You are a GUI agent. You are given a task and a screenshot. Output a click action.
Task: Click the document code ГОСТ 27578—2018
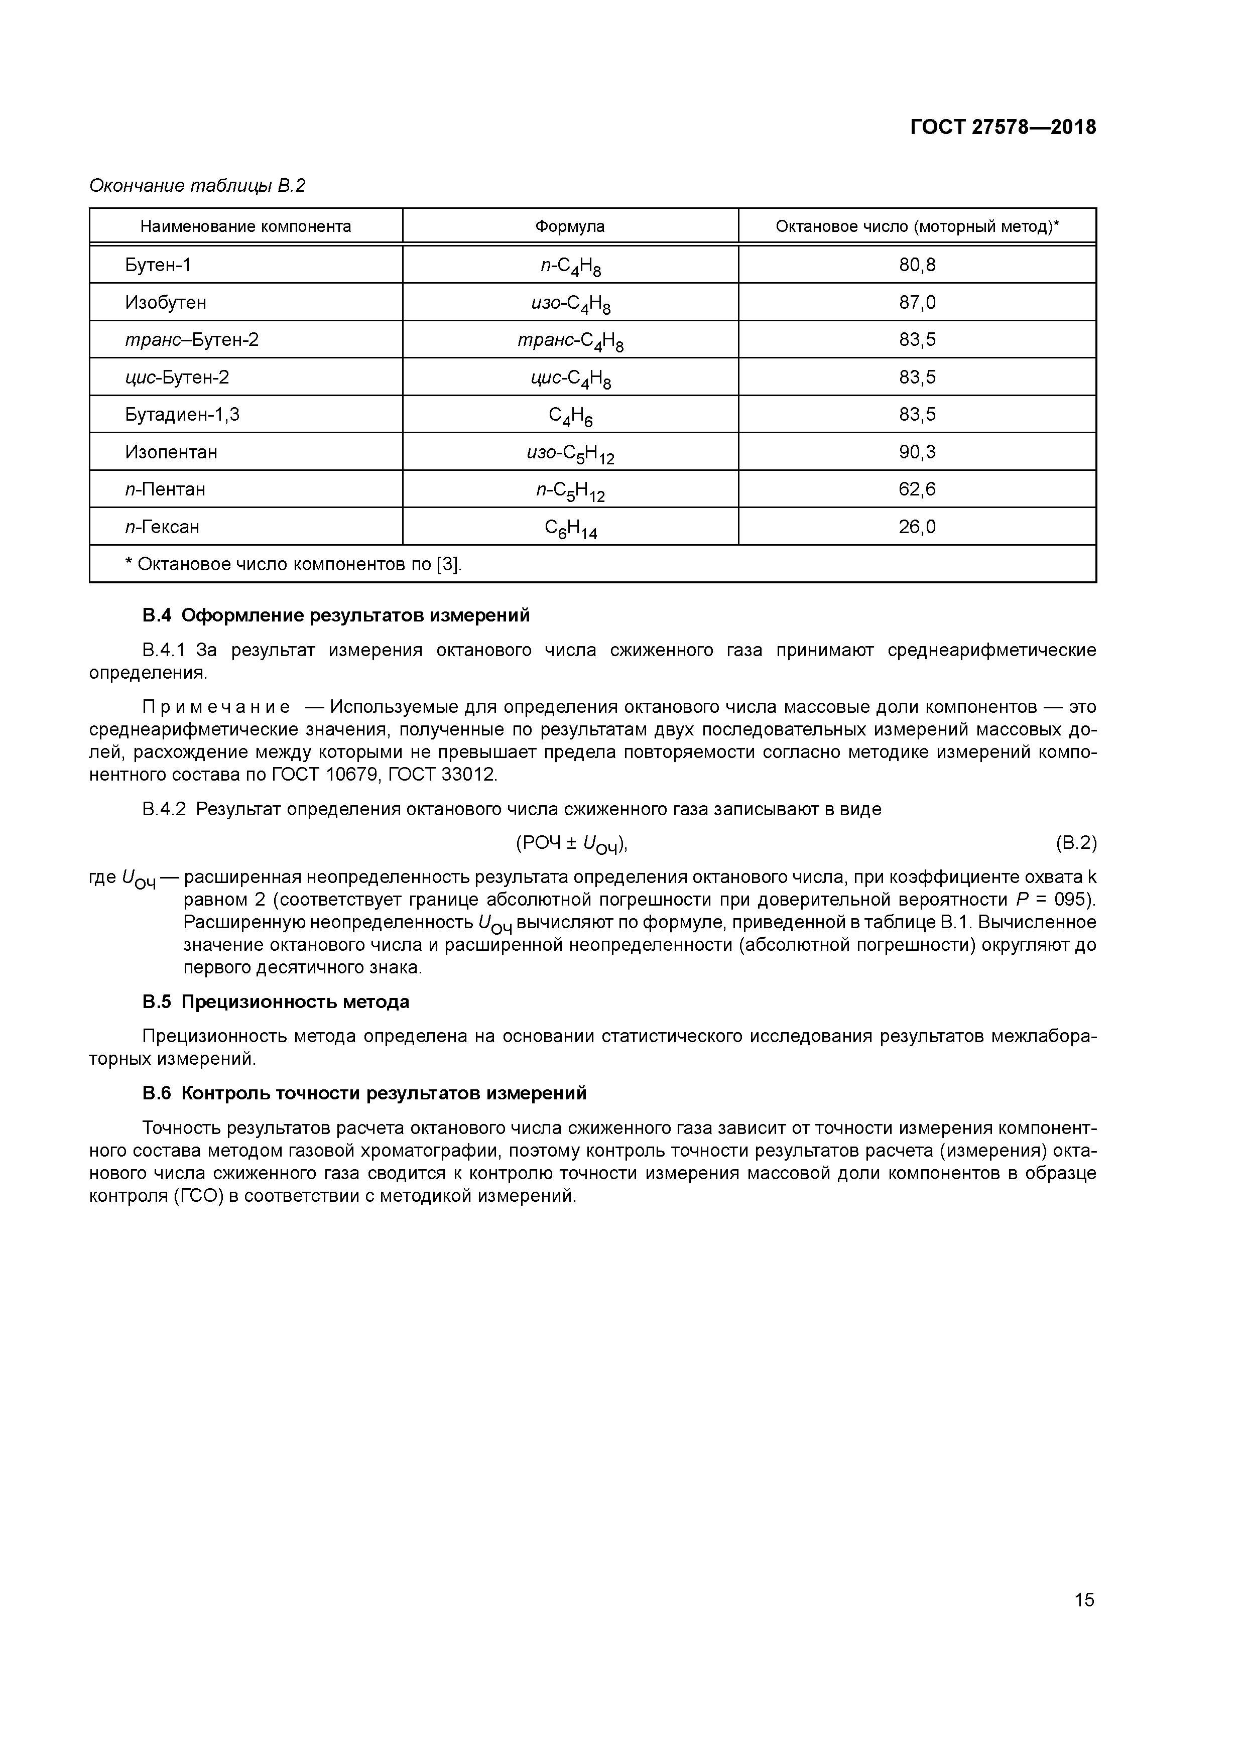[x=1003, y=128]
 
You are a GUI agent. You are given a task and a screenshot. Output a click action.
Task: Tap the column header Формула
[x=569, y=226]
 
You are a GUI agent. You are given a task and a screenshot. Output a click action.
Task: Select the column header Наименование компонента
[x=245, y=226]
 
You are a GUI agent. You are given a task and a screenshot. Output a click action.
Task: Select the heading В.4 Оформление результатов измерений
[x=336, y=615]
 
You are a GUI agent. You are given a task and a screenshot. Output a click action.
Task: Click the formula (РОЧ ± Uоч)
[x=571, y=844]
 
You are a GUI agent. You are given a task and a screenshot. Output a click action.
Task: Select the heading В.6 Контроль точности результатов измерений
[x=364, y=1092]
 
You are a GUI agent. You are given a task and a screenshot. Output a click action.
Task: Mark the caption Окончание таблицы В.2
[x=197, y=186]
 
